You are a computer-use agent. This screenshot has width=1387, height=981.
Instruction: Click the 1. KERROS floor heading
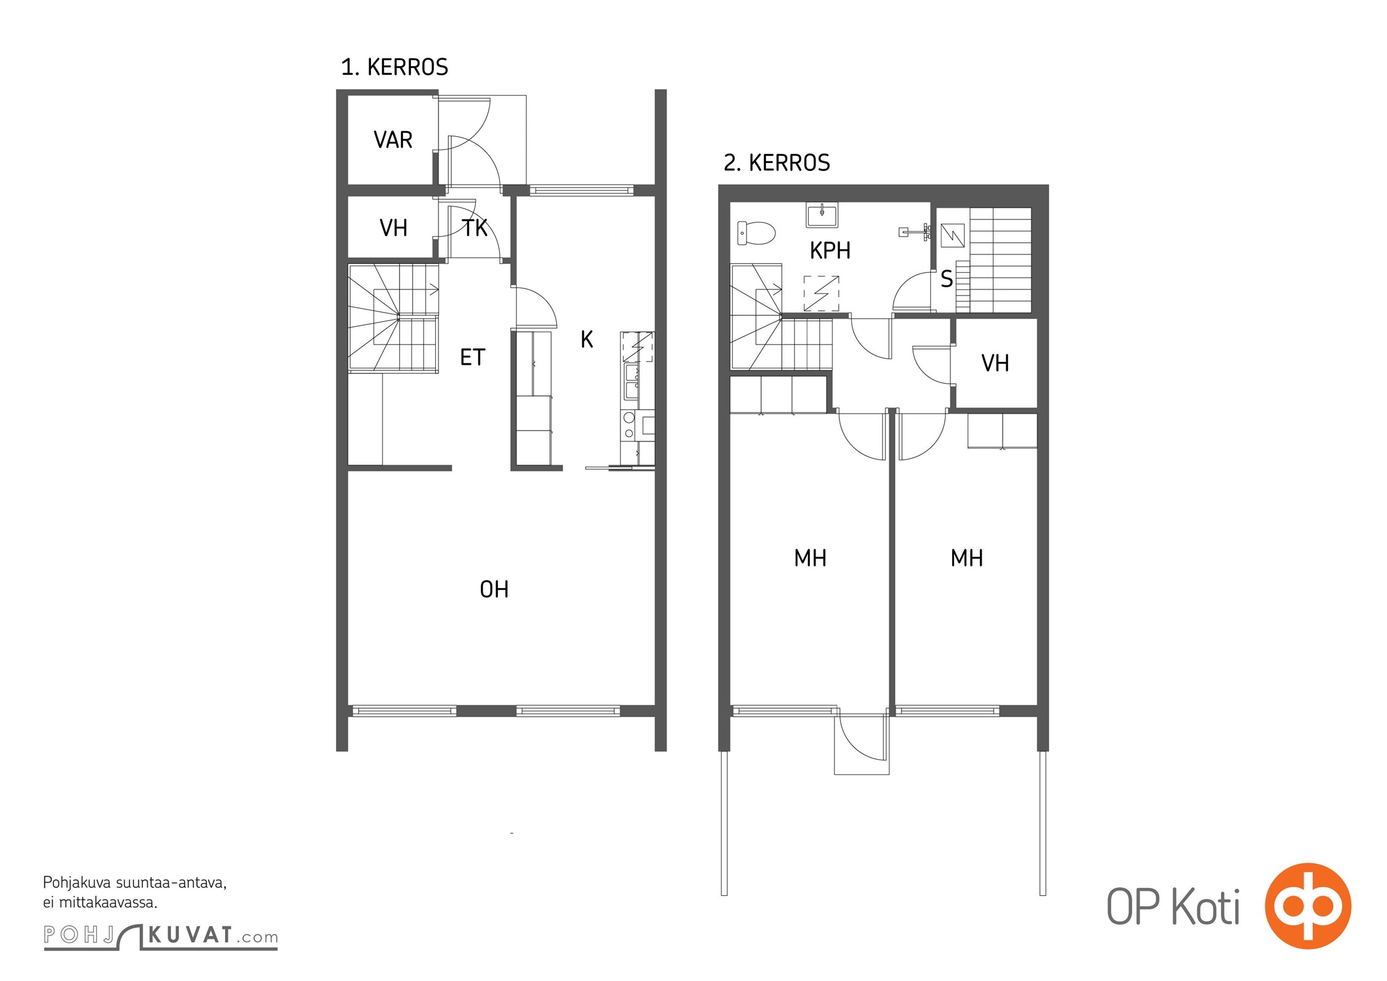pos(394,67)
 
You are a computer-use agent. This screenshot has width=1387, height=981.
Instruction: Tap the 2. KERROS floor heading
pos(776,162)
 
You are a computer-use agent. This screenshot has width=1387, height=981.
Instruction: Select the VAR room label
pos(392,140)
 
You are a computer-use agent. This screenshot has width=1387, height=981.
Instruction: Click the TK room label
pos(475,227)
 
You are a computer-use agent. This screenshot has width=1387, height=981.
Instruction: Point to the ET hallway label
pos(472,357)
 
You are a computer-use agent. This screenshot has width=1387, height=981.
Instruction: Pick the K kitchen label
pos(587,339)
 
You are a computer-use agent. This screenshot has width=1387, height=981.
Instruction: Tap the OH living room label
pos(494,589)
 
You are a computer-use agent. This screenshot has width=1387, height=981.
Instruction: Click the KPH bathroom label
pos(830,250)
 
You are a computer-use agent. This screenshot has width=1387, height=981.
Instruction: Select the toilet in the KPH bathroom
pos(756,233)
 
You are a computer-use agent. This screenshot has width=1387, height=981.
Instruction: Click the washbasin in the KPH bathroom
pos(822,215)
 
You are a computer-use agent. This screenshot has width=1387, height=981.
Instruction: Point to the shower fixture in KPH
pos(915,232)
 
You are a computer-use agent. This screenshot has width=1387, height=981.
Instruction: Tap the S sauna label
pos(947,279)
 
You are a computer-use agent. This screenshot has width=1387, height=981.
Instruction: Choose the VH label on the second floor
pos(995,363)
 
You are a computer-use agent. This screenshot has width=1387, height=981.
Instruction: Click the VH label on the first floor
pos(393,228)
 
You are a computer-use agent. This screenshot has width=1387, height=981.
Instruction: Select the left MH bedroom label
pos(810,558)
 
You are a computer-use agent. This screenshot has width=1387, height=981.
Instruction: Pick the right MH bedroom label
pos(966,558)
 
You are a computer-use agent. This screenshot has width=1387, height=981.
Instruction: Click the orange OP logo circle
pos(1308,906)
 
